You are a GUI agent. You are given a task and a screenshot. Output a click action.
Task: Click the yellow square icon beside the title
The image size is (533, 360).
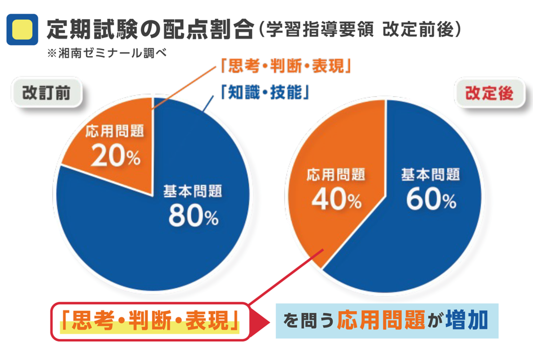pos(22,29)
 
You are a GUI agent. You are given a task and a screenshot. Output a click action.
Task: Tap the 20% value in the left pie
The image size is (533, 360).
pos(116,156)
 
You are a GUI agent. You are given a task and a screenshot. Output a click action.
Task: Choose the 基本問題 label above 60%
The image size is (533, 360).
pos(430,174)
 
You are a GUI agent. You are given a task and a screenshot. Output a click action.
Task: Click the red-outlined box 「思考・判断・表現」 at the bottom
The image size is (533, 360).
pos(150,321)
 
